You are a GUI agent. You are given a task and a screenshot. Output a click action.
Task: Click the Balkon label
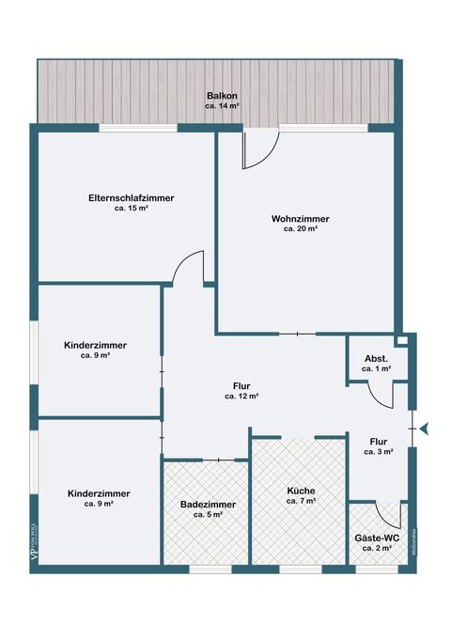pos(222,96)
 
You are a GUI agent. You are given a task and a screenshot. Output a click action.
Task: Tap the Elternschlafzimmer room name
pos(132,198)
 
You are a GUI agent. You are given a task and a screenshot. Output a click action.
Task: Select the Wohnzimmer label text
pos(301,219)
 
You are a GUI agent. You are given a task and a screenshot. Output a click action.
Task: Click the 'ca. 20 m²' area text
pos(301,229)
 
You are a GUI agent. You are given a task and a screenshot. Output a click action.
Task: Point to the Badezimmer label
pos(208,505)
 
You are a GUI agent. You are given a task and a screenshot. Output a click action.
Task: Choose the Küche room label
pos(301,491)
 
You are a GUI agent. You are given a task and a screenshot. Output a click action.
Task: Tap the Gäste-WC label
pos(377,538)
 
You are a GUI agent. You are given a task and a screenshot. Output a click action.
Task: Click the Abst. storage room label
pos(376,359)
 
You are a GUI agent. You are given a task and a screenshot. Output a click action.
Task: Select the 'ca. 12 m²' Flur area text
pos(242,397)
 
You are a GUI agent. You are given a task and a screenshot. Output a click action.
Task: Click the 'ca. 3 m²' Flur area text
pos(378,452)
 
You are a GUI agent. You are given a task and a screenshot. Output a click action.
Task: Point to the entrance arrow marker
pos(425,429)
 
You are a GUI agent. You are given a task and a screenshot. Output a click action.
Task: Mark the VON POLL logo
pos(35,541)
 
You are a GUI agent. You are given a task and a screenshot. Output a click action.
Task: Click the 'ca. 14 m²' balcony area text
pos(222,106)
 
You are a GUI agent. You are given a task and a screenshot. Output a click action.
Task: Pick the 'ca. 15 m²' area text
pos(131,209)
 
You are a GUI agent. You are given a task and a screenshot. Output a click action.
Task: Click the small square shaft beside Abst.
pos(402,340)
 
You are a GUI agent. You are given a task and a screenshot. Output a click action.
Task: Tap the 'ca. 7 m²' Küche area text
pos(301,501)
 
